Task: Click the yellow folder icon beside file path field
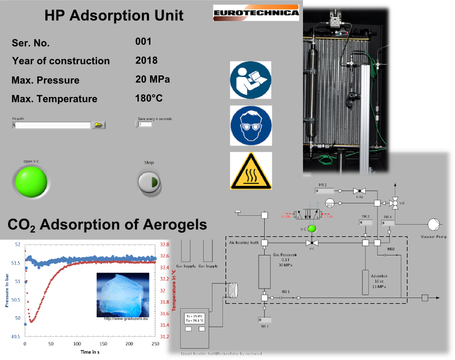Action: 99,125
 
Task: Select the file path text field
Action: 52,125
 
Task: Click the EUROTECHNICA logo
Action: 256,13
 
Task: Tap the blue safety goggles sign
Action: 251,126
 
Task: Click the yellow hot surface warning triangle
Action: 251,171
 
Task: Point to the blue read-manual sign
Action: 251,80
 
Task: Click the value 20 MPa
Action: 153,79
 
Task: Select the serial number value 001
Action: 143,42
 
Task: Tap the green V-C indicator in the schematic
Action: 312,228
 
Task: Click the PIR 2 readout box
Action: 324,191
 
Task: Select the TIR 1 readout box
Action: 265,320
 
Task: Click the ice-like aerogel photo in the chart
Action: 123,295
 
